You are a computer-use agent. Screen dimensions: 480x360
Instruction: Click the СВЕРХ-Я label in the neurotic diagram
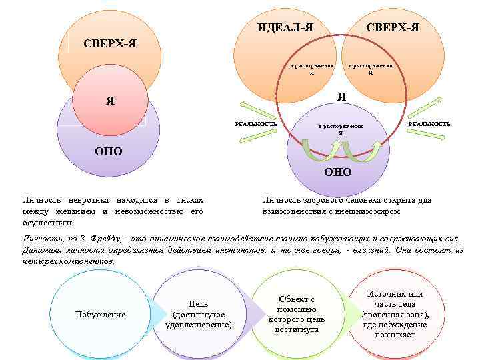(x=111, y=43)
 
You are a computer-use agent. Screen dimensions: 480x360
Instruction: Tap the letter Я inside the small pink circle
(x=110, y=102)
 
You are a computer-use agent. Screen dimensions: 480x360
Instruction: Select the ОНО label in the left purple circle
(x=108, y=151)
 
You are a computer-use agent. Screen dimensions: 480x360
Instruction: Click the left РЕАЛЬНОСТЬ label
(x=257, y=123)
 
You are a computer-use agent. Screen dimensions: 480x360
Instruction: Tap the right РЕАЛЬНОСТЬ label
(x=429, y=123)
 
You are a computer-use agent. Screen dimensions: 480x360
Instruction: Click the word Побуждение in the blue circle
(x=100, y=314)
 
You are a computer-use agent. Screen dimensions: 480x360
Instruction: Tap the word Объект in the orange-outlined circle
(x=297, y=299)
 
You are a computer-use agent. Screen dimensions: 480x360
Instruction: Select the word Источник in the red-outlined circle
(x=395, y=294)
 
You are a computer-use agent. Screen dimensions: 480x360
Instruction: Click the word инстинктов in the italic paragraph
(x=242, y=249)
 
